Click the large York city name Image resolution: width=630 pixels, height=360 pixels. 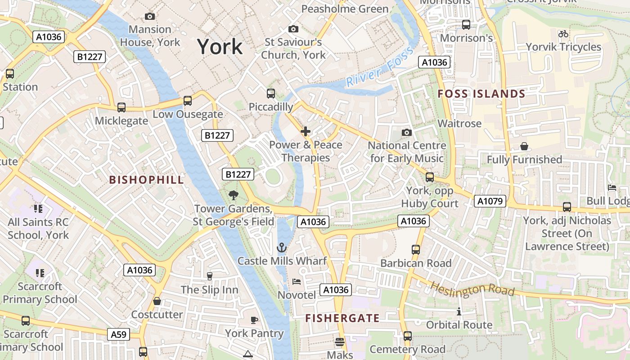tap(220, 47)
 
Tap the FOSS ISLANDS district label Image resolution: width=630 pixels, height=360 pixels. tap(481, 94)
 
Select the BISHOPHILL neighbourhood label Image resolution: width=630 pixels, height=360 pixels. tap(147, 180)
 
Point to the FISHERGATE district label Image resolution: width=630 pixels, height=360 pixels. tap(342, 318)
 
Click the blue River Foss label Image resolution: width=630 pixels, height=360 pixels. tap(379, 67)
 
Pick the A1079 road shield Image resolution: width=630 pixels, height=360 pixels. tap(490, 201)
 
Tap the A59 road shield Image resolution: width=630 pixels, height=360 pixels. tap(119, 334)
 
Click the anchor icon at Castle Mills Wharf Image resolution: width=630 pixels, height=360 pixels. tap(281, 247)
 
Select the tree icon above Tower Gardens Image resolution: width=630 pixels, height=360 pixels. tap(233, 195)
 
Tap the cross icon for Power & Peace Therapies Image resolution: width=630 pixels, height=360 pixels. tap(306, 131)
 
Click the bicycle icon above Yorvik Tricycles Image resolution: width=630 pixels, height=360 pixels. tap(563, 34)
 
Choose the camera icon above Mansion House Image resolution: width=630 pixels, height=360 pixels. tap(150, 17)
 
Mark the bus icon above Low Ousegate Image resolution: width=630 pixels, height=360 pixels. tap(188, 101)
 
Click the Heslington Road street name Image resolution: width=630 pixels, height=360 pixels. tap(472, 289)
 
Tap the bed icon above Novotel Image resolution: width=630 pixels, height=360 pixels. tap(296, 282)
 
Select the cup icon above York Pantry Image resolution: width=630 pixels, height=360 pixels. tap(254, 320)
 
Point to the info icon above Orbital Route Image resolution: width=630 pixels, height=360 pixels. tap(459, 311)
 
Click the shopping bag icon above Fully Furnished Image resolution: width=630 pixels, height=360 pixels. tap(524, 146)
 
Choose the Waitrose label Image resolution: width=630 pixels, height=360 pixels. tap(459, 123)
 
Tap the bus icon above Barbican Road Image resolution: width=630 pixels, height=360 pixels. tap(416, 249)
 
